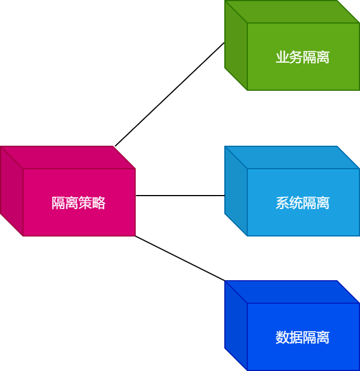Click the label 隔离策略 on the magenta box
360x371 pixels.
coord(79,203)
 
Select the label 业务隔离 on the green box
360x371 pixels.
coord(303,57)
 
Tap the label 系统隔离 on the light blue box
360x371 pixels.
coord(303,203)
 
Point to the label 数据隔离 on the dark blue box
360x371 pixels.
coord(303,337)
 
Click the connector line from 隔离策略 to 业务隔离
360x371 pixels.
coord(169,94)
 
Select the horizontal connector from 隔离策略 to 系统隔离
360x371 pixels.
coord(179,196)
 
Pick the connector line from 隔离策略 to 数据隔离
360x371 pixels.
coord(179,258)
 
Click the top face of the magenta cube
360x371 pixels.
coord(67,157)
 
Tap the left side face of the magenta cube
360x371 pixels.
coord(11,191)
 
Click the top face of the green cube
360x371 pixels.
coord(292,12)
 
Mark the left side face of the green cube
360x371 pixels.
coord(236,45)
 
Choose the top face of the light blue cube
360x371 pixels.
coord(292,157)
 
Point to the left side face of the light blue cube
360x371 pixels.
coord(236,191)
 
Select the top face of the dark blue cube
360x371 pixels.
coord(292,292)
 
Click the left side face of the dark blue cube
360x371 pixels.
coord(236,325)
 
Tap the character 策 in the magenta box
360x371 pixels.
coord(85,203)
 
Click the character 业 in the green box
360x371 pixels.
coord(283,57)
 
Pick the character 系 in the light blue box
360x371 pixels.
coord(283,203)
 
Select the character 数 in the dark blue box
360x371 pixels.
coord(283,337)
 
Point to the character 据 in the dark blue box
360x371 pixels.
coord(296,337)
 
